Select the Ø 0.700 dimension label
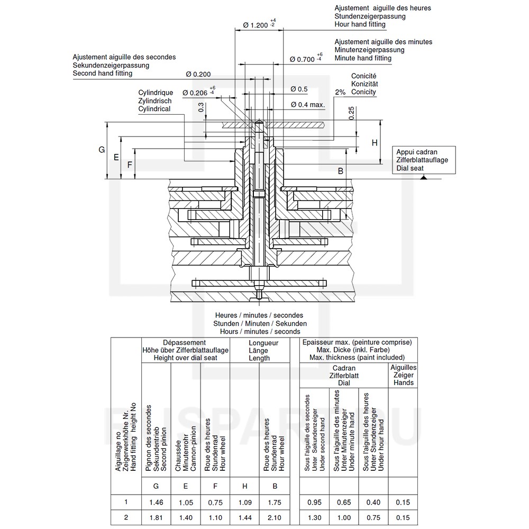click(306, 59)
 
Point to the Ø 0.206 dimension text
click(199, 93)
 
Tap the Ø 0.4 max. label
click(308, 105)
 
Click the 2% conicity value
click(340, 92)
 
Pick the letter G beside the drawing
click(102, 150)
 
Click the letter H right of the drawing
click(375, 143)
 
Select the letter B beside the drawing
click(340, 171)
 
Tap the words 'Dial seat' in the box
click(410, 168)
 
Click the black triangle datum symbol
click(424, 177)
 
